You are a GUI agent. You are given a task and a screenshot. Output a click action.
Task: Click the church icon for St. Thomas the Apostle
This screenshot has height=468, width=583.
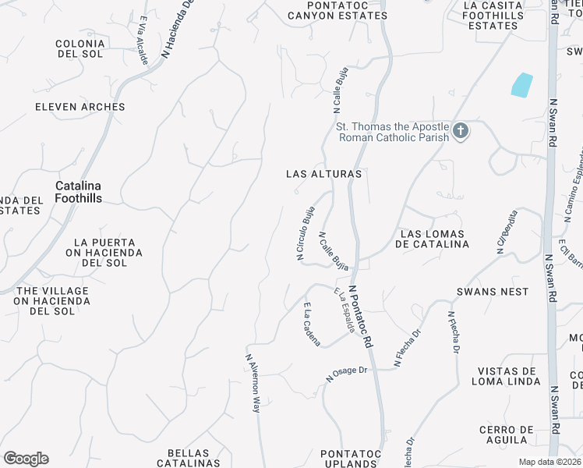(x=461, y=131)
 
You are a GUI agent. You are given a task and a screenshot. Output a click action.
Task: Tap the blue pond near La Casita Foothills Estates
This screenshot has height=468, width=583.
(x=521, y=85)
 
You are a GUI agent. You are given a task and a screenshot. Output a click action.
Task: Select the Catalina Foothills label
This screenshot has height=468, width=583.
(x=78, y=192)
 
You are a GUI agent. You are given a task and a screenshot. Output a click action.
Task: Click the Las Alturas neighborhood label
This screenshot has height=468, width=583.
(x=323, y=174)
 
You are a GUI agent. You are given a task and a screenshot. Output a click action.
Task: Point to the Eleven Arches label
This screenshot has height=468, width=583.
(x=80, y=107)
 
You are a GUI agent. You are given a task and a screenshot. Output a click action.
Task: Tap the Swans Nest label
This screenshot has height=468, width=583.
(x=492, y=292)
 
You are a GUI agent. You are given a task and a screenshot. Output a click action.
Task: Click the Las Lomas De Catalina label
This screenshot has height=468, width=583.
(x=434, y=239)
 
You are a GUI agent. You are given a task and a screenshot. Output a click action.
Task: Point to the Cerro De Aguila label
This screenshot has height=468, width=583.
(x=507, y=435)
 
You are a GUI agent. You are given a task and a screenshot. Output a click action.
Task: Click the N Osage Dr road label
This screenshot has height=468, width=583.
(x=347, y=374)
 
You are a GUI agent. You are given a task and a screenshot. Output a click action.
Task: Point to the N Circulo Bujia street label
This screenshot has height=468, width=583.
(x=305, y=232)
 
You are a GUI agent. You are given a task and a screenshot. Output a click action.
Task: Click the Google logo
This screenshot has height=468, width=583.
(x=26, y=459)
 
